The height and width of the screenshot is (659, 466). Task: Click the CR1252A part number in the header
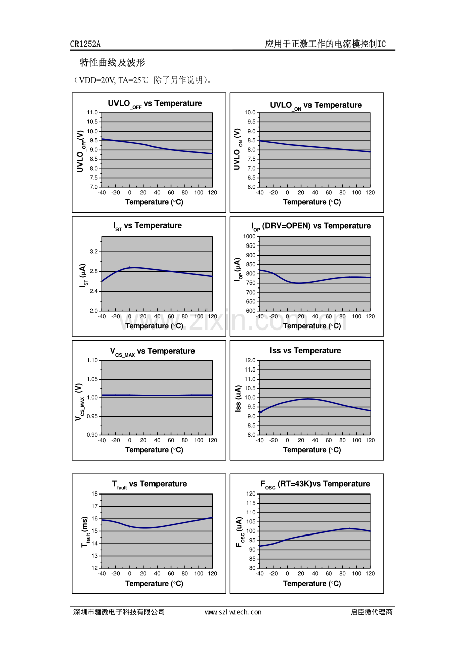[86, 44]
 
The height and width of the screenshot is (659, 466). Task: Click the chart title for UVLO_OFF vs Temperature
[155, 104]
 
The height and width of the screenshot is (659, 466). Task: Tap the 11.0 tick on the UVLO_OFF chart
[92, 113]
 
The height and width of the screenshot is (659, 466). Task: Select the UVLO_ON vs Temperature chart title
[316, 106]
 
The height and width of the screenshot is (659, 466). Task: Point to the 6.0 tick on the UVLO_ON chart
[251, 187]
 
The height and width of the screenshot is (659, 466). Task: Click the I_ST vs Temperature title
[147, 226]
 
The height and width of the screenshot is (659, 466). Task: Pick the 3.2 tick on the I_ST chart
[94, 252]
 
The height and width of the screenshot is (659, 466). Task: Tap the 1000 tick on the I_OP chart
[249, 236]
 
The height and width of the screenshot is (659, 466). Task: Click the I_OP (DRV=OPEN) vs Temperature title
[311, 227]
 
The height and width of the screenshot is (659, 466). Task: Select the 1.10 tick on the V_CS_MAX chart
[92, 361]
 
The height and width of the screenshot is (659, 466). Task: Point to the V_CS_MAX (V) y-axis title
[80, 401]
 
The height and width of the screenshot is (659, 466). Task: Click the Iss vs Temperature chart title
[305, 350]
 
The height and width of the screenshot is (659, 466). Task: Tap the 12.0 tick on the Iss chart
[250, 361]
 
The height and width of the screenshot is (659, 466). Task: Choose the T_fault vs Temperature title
[149, 484]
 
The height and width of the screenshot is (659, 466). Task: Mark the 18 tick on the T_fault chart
[95, 494]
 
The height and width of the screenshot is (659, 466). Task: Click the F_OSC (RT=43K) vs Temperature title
[315, 484]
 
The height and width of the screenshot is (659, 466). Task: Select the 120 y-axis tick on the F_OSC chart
[251, 494]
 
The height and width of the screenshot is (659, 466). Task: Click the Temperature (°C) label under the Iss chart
[312, 450]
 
